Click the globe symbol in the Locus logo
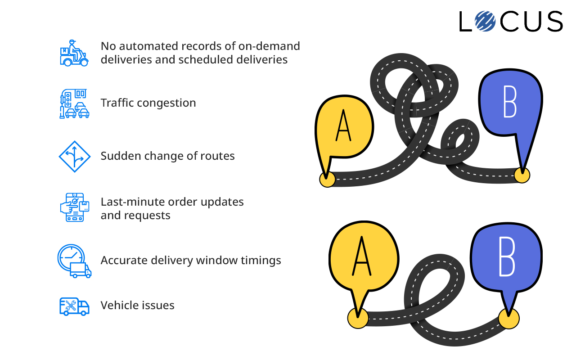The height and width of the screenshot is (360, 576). (x=484, y=21)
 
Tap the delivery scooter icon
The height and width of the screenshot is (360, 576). (x=74, y=52)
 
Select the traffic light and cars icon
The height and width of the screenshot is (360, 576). (x=75, y=103)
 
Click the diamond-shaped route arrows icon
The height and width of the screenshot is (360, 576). (x=75, y=157)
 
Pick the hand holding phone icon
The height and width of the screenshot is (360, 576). (x=75, y=207)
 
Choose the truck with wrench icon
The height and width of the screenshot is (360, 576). (x=74, y=306)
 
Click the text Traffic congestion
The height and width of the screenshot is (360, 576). (x=148, y=103)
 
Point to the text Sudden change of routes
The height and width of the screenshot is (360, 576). (x=167, y=156)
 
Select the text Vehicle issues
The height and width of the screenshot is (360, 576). (x=137, y=306)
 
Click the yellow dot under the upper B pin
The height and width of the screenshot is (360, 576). (x=522, y=175)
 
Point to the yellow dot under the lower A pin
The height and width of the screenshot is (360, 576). (x=358, y=318)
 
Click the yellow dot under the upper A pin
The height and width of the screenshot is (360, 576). (x=327, y=179)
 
